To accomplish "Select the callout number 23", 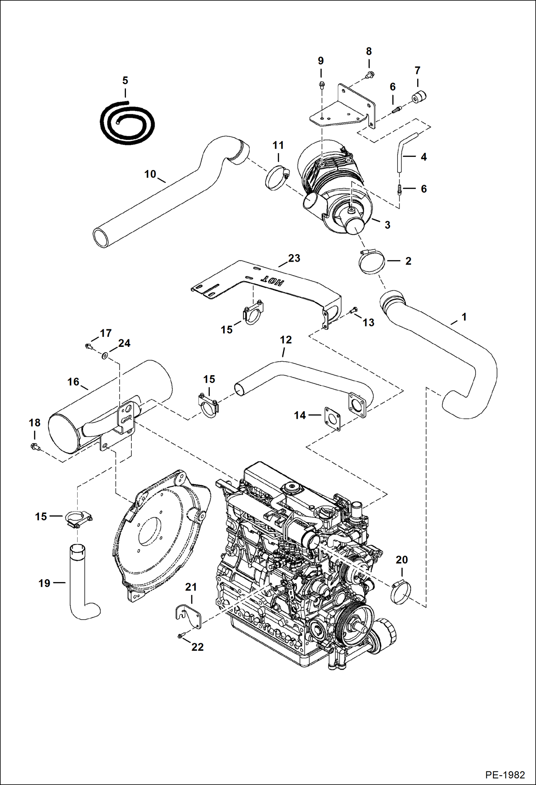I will [x=294, y=258].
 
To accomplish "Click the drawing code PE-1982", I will [x=505, y=775].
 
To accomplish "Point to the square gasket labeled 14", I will [x=332, y=418].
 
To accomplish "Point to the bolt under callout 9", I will [x=321, y=85].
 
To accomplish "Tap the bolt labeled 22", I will [x=180, y=635].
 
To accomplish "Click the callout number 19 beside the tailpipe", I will [x=44, y=583].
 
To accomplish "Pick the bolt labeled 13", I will [x=353, y=310].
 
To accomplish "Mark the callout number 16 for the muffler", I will [x=73, y=382].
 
